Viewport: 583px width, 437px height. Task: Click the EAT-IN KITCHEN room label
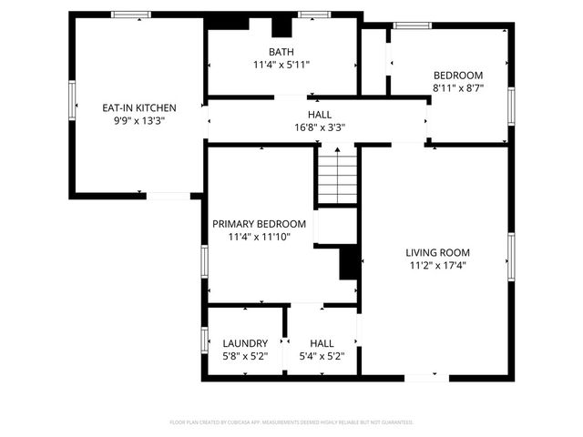point(138,107)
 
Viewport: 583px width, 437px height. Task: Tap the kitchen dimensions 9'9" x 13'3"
point(138,119)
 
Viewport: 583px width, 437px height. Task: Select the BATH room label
point(281,52)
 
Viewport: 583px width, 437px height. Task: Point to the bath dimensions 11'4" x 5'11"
point(281,65)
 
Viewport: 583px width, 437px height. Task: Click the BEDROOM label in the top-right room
point(457,76)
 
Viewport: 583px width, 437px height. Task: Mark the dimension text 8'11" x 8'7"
point(457,88)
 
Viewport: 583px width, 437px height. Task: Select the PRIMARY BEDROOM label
point(259,224)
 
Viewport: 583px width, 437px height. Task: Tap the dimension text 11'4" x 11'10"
point(259,237)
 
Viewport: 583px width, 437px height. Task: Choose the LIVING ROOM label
point(437,252)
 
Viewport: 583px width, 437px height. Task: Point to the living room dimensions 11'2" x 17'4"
point(437,265)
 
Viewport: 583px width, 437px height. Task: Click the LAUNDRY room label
point(245,343)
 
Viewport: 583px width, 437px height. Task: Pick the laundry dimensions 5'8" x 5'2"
point(245,356)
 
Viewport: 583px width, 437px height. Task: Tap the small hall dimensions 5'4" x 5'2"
point(322,356)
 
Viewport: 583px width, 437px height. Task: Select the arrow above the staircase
point(336,153)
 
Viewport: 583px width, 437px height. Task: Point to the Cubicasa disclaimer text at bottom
point(291,422)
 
